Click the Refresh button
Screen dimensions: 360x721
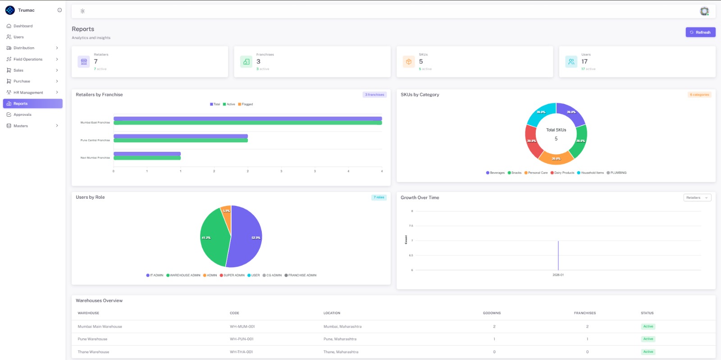pyautogui.click(x=700, y=32)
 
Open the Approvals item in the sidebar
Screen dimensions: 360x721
pyautogui.click(x=23, y=114)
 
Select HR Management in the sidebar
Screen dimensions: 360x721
pyautogui.click(x=28, y=92)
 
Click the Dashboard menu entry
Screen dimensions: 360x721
pyautogui.click(x=23, y=26)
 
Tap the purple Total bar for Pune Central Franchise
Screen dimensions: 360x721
pyautogui.click(x=180, y=136)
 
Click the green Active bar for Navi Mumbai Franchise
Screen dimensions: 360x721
pyautogui.click(x=147, y=158)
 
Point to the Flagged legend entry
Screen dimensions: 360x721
pyautogui.click(x=246, y=105)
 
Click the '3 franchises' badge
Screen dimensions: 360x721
pyautogui.click(x=374, y=95)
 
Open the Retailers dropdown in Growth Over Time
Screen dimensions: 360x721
pyautogui.click(x=697, y=198)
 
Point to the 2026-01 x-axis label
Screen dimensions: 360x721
pyautogui.click(x=558, y=275)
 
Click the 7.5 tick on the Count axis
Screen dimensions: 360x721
pyautogui.click(x=411, y=226)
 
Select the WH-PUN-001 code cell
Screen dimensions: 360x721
pyautogui.click(x=242, y=339)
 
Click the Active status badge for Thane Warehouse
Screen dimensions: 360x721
pyautogui.click(x=648, y=352)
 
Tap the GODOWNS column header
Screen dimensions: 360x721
pyautogui.click(x=492, y=313)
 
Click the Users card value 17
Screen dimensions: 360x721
pyautogui.click(x=584, y=62)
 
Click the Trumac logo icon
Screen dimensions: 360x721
pyautogui.click(x=10, y=10)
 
